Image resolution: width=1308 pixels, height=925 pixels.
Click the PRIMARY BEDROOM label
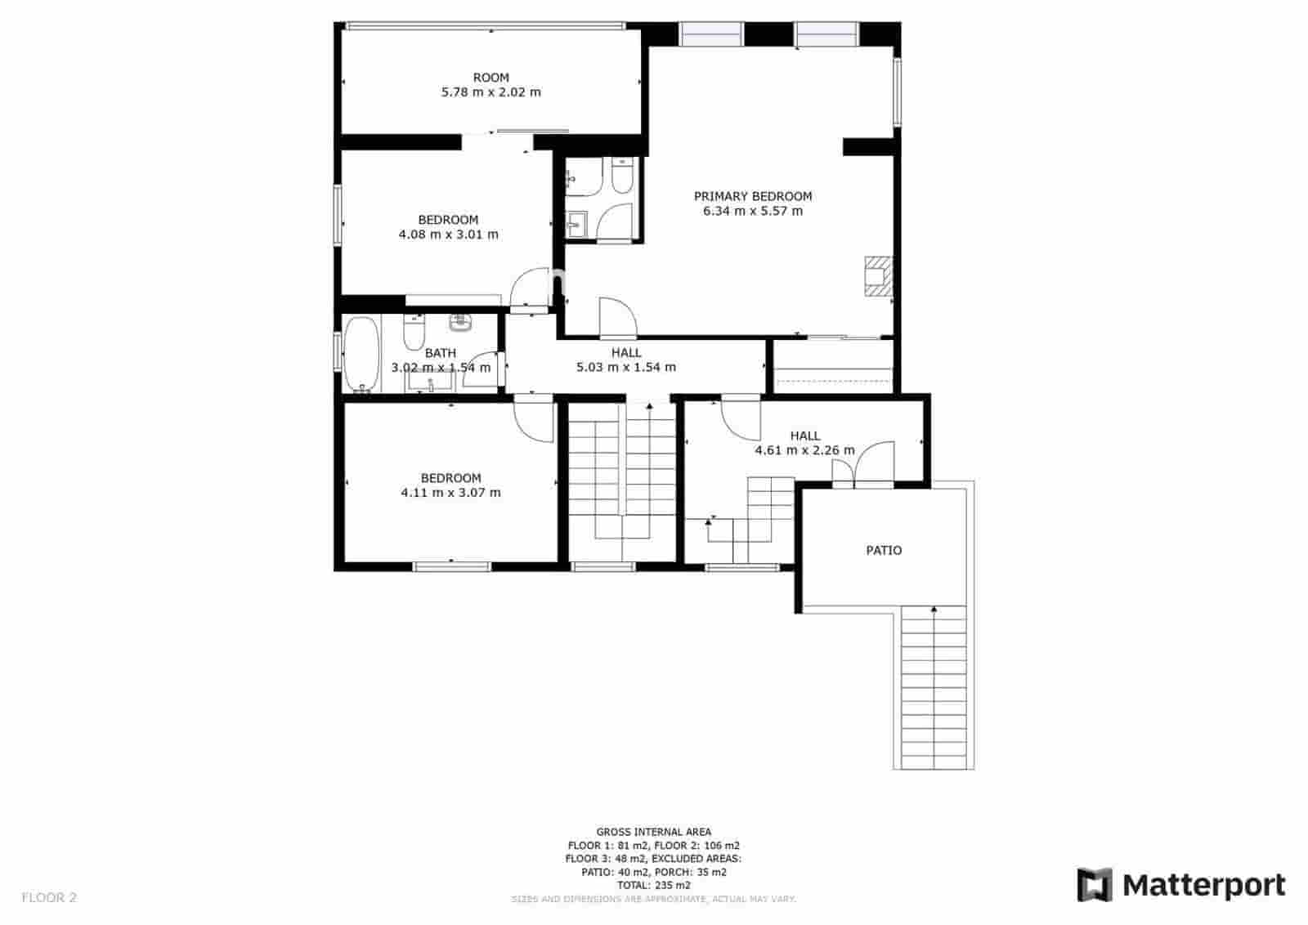click(x=752, y=196)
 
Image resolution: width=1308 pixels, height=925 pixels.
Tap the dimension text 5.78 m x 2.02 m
click(x=490, y=92)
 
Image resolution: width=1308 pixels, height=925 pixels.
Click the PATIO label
click(x=884, y=551)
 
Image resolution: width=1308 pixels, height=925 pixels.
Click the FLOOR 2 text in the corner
click(x=49, y=897)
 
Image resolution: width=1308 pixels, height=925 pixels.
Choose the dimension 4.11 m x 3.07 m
click(x=450, y=493)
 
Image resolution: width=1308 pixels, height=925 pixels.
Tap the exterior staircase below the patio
click(x=934, y=686)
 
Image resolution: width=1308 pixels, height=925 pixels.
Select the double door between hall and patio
click(x=854, y=466)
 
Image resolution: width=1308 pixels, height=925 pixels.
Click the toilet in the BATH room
click(x=414, y=333)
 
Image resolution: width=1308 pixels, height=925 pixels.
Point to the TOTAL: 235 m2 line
click(x=654, y=885)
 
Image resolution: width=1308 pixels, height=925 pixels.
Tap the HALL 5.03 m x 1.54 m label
click(x=626, y=360)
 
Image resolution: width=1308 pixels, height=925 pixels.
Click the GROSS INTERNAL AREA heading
click(x=654, y=832)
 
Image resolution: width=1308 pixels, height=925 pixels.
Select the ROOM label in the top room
click(x=490, y=78)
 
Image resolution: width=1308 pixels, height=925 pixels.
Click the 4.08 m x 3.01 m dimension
click(x=448, y=235)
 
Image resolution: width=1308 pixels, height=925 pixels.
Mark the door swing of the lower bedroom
click(x=534, y=418)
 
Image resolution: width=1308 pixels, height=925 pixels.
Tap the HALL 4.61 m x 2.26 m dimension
click(x=804, y=450)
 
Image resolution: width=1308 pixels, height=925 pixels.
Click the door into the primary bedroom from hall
click(x=616, y=319)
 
